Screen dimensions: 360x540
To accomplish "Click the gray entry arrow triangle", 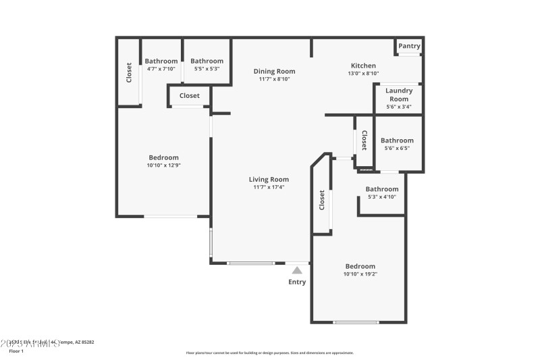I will pos(297,269).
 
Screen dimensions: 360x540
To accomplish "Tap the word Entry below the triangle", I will pos(297,282).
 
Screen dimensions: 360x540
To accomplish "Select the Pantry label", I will pos(409,46).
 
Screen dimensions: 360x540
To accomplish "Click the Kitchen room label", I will pos(362,66).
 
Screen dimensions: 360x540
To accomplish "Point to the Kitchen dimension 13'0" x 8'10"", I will pos(362,74).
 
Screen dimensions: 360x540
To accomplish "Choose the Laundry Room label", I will pos(398,95).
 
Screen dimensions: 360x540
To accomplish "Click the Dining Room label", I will pos(274,71).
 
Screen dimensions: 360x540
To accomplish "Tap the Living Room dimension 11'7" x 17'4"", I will pos(269,187).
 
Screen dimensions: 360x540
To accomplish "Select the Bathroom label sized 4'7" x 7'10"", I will pos(161,61).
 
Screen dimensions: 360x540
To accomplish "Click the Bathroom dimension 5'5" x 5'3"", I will pos(207,69).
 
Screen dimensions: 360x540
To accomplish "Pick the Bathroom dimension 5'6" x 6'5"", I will pos(397,149).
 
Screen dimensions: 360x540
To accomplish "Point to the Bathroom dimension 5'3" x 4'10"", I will pos(381,197).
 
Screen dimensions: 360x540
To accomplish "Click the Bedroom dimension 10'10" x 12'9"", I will pos(163,165).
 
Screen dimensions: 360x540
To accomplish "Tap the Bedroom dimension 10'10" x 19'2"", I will pos(360,274).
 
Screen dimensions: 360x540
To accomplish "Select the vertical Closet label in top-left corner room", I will pos(129,73).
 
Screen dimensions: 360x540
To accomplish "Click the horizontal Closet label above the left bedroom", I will pos(189,96).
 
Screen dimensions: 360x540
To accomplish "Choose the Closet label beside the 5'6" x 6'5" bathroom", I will pos(364,140).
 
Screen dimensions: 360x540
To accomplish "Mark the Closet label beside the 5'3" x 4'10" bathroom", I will pos(322,201).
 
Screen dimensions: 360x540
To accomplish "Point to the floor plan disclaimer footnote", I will pos(269,353).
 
